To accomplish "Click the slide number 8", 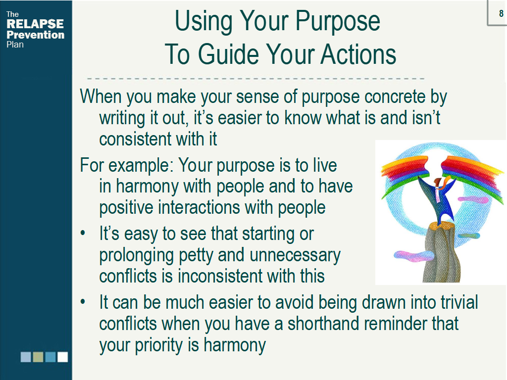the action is click(x=501, y=13).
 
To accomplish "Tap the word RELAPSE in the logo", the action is click(x=35, y=24).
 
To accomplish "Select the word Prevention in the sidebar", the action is click(x=36, y=35).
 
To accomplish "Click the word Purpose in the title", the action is click(x=338, y=22).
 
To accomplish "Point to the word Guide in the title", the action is click(x=228, y=54).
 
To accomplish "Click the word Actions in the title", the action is click(x=358, y=54).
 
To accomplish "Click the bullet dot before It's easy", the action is click(x=83, y=234).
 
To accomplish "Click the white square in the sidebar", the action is click(x=63, y=357).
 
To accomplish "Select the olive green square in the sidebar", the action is click(x=38, y=357).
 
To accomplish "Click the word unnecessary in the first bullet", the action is click(x=295, y=255).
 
